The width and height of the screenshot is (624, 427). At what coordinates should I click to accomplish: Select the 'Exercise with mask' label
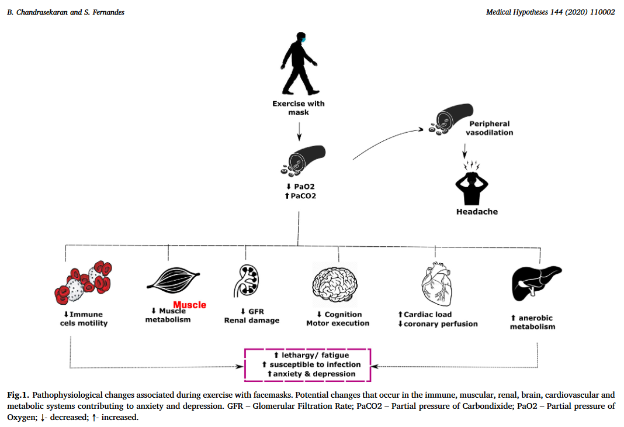299,108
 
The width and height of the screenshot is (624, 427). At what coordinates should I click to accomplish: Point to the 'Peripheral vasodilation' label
490,128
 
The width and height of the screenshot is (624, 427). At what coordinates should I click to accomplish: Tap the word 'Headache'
477,212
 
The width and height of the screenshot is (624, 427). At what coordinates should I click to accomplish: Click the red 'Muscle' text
190,305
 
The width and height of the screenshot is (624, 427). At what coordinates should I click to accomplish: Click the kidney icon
248,279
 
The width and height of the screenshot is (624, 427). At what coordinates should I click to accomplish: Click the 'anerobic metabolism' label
532,322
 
